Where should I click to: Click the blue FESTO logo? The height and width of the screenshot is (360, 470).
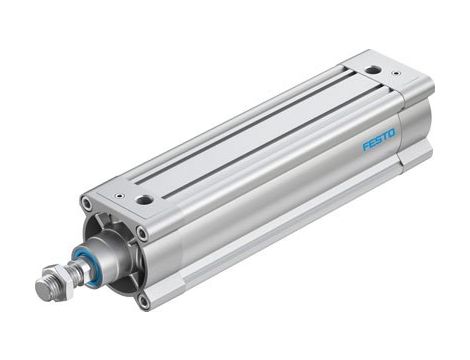tap(379, 138)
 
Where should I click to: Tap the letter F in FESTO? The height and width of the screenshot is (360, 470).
tap(366, 146)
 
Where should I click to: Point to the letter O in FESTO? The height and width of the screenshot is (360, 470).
tap(392, 131)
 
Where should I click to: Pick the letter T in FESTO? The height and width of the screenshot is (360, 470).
tap(385, 135)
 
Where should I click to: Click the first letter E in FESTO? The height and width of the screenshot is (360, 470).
tap(372, 142)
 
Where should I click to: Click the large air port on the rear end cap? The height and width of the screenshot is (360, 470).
tap(373, 70)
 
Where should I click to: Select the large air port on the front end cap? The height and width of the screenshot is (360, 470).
tap(145, 199)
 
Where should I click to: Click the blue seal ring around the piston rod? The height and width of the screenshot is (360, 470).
tap(89, 269)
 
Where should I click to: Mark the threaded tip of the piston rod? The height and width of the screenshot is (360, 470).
tap(42, 290)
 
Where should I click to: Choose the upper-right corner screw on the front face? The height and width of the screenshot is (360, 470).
tap(141, 233)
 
